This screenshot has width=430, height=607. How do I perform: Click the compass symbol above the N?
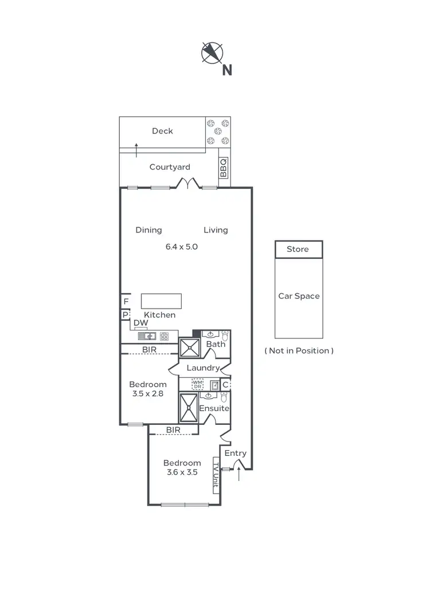click(212, 53)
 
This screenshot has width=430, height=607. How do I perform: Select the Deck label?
click(162, 131)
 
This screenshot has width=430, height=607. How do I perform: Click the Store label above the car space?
click(298, 249)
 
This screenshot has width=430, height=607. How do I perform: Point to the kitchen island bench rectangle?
click(161, 301)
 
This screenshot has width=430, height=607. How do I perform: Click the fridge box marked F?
click(125, 301)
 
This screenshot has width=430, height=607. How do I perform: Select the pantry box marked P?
click(124, 314)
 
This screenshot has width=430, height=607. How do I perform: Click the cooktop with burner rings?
click(165, 337)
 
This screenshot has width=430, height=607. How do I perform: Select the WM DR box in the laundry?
click(197, 384)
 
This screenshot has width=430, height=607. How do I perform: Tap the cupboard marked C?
click(225, 385)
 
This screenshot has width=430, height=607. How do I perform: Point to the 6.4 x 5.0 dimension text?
click(182, 247)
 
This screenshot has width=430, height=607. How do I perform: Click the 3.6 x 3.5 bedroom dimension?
click(182, 472)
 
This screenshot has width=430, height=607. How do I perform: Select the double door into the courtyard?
click(188, 183)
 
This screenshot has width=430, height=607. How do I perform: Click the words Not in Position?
click(299, 350)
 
